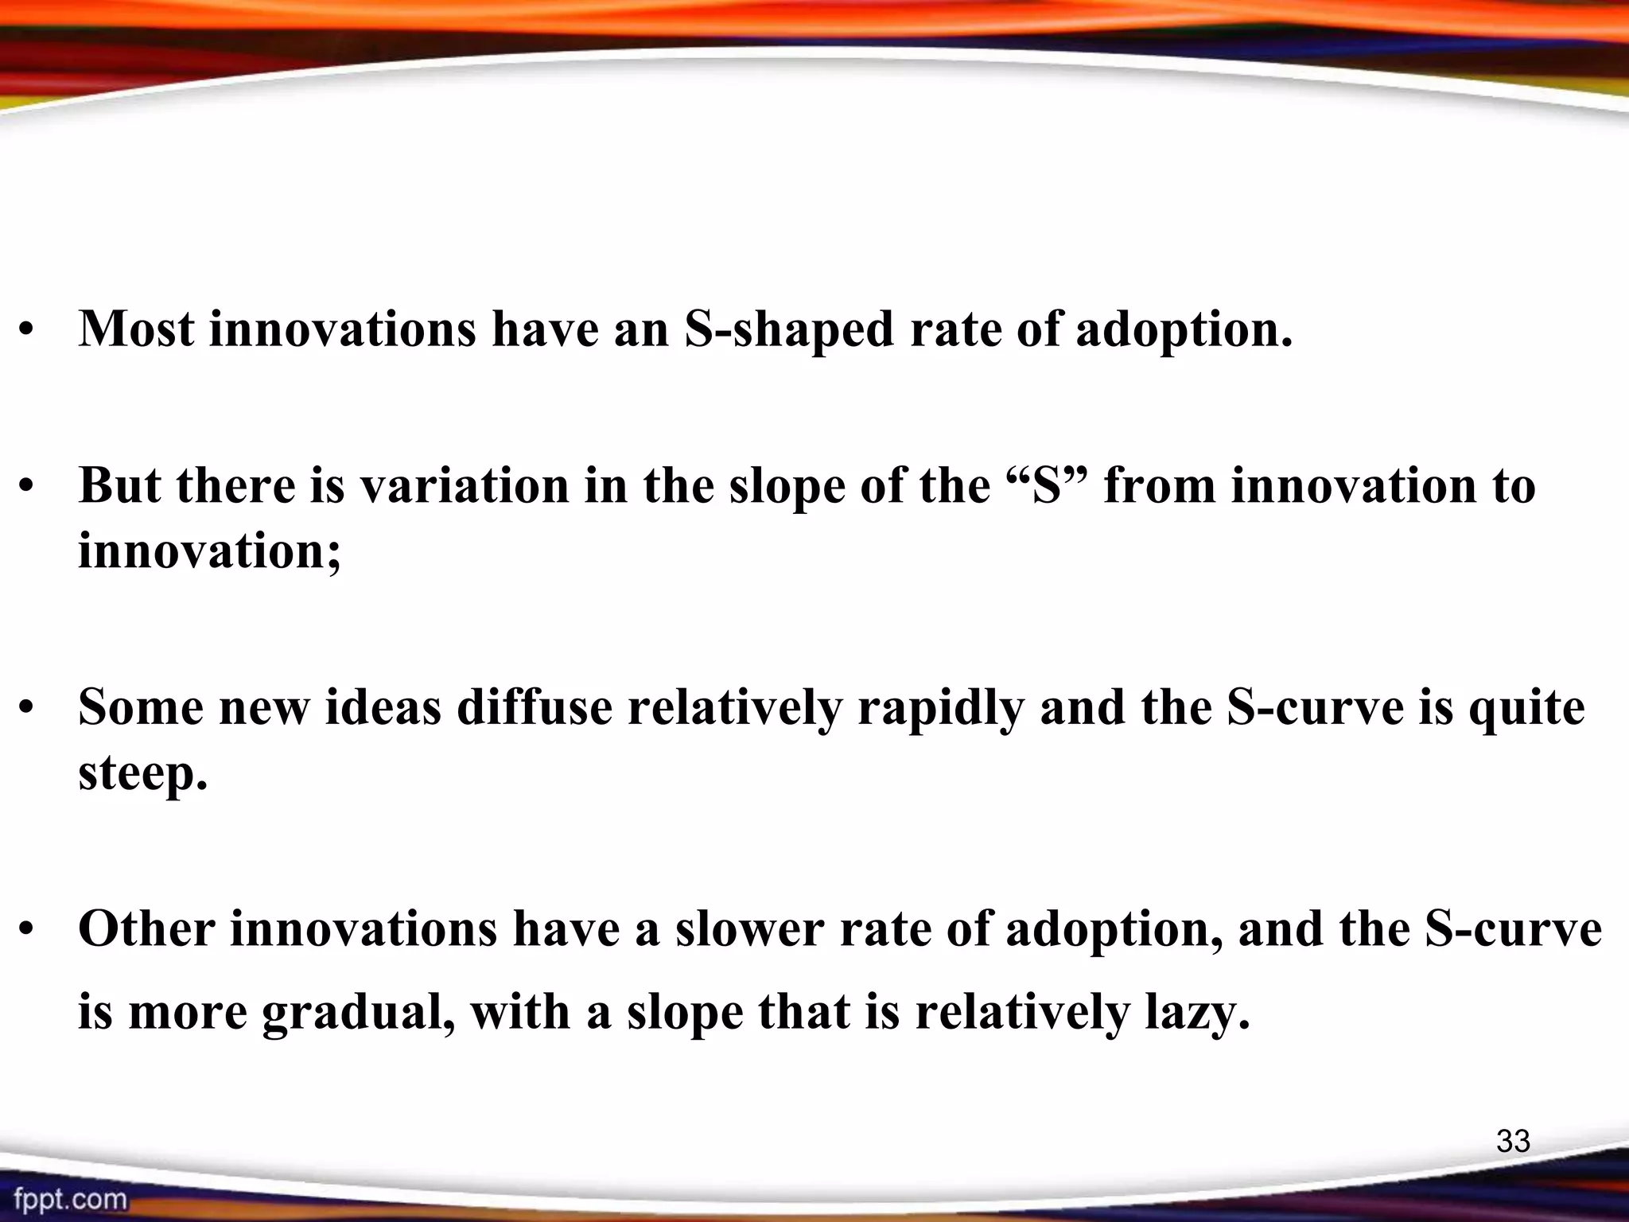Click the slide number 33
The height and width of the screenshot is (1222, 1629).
(x=1513, y=1141)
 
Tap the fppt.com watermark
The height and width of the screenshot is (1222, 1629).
(x=70, y=1198)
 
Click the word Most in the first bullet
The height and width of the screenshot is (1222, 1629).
(x=136, y=328)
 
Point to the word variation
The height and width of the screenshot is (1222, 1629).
(x=465, y=485)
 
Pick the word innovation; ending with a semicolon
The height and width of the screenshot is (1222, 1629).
(x=210, y=551)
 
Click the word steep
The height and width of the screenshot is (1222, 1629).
(x=142, y=773)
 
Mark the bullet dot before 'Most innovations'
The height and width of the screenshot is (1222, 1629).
(x=28, y=331)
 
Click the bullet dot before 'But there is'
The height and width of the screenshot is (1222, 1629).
(x=28, y=487)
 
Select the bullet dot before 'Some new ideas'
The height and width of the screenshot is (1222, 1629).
(x=28, y=708)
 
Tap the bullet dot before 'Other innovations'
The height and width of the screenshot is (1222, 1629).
(x=28, y=930)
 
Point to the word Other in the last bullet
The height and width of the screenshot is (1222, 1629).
(x=146, y=929)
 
